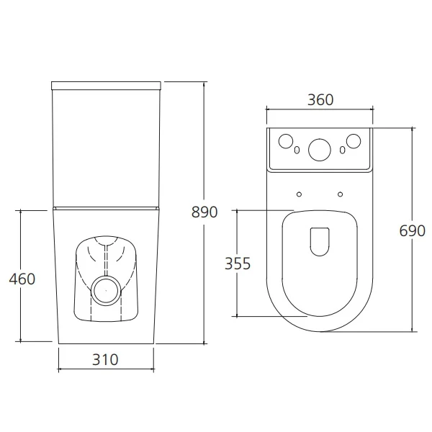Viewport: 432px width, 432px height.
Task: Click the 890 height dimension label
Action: point(204,212)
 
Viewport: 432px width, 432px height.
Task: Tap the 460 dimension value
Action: point(22,279)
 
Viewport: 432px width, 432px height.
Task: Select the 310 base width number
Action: point(105,359)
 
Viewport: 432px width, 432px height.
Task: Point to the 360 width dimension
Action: point(320,100)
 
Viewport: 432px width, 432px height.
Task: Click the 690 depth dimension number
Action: point(412,231)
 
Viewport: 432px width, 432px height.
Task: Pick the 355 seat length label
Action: point(238,264)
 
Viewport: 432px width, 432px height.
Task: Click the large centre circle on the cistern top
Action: point(320,150)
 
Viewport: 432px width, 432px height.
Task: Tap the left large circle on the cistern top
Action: point(286,141)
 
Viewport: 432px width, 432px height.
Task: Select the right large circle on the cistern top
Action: point(354,141)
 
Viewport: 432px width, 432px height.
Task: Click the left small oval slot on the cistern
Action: point(297,150)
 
